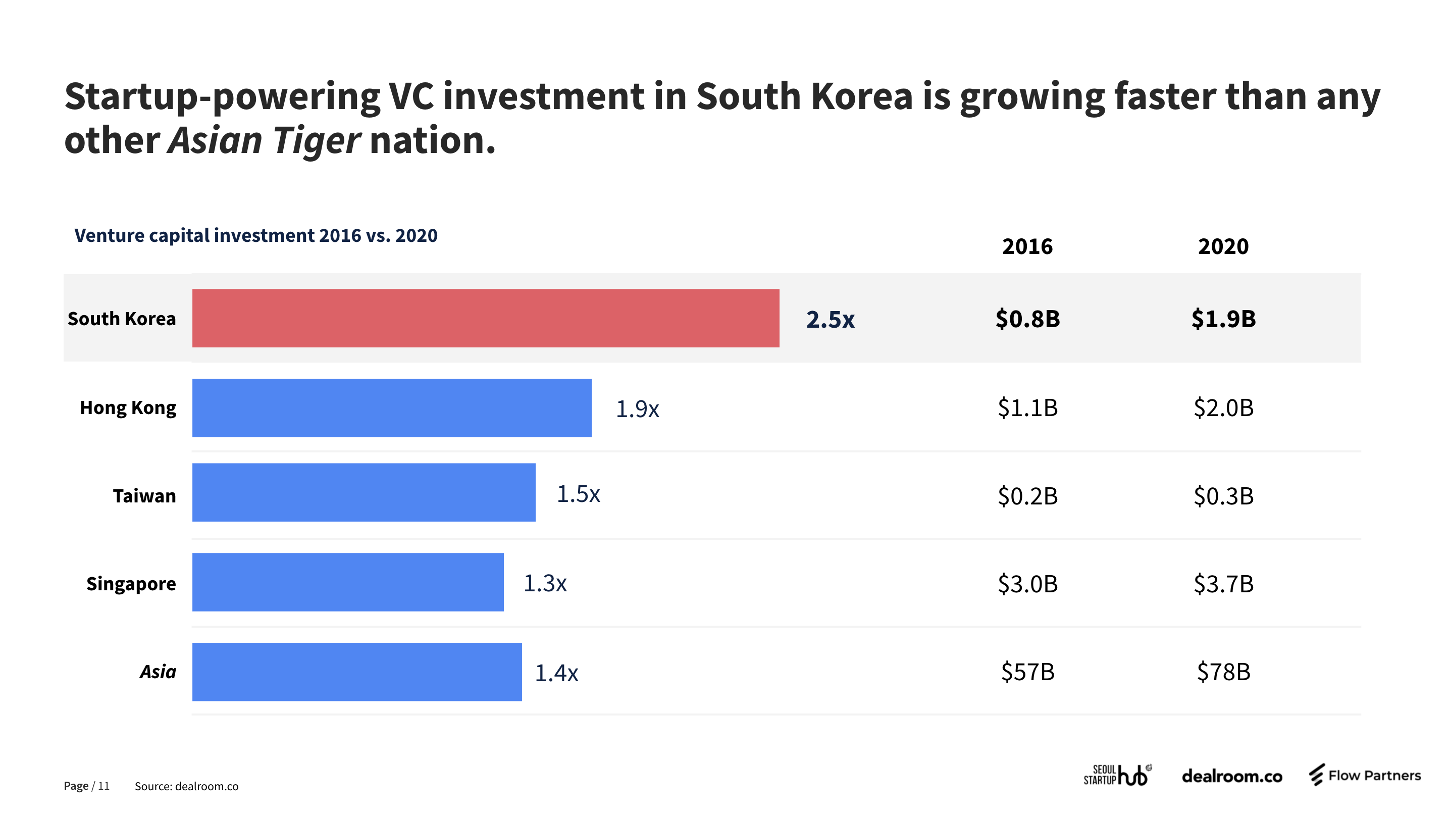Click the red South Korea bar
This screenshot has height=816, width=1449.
pos(485,319)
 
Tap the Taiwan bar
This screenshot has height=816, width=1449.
pos(364,492)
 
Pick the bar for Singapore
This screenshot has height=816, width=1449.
pos(348,582)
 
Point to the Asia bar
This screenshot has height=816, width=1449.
pos(356,672)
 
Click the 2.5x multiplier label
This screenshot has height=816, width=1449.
pos(830,320)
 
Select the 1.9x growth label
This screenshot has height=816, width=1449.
pos(637,409)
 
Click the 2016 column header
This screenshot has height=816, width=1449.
pos(1027,246)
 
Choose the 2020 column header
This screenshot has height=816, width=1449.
pos(1223,246)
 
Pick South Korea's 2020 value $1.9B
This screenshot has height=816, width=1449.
pos(1223,319)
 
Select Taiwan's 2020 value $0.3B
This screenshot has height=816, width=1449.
pos(1223,496)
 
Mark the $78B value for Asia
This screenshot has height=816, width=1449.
pos(1223,672)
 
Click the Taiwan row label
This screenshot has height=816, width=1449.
pos(144,496)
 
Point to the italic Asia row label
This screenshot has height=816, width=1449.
pos(158,672)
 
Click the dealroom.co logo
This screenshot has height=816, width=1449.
pos(1232,777)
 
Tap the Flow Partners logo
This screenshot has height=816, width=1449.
pos(1365,776)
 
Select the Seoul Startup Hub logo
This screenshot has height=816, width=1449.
pos(1118,775)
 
